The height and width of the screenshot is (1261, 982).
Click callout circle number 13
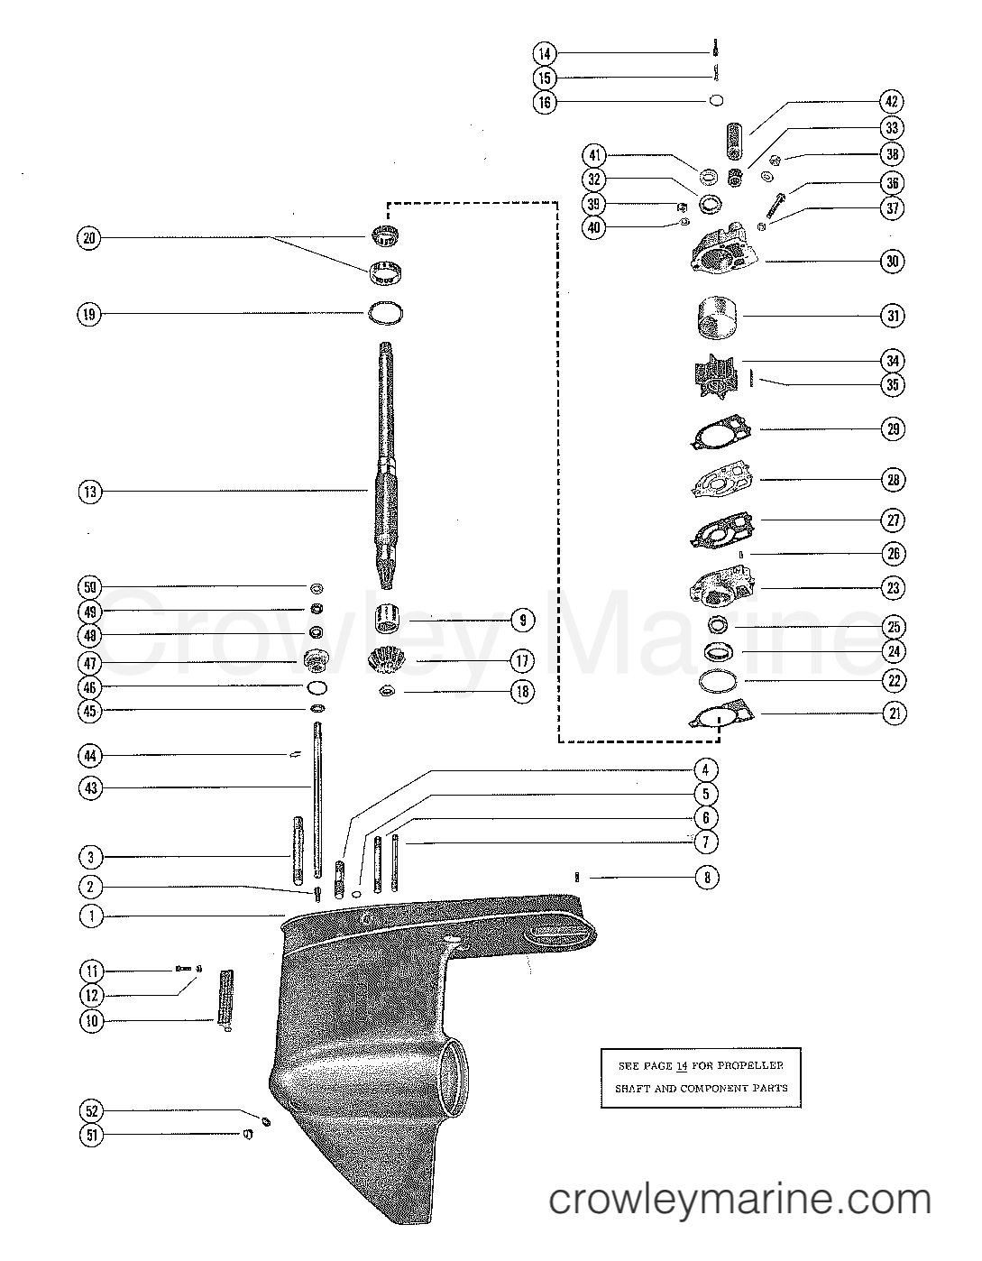tap(90, 492)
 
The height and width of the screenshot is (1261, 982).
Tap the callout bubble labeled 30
tap(893, 262)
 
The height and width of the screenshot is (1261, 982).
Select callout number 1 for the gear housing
tap(90, 916)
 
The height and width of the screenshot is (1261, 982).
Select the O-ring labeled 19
tap(386, 313)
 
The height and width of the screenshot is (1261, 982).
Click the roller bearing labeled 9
tap(390, 621)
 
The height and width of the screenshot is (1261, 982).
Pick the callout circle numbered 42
tap(893, 102)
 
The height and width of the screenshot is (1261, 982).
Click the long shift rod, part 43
tap(318, 794)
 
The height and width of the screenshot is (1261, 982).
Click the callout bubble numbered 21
tap(893, 713)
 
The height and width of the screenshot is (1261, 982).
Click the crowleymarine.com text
tap(740, 1200)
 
